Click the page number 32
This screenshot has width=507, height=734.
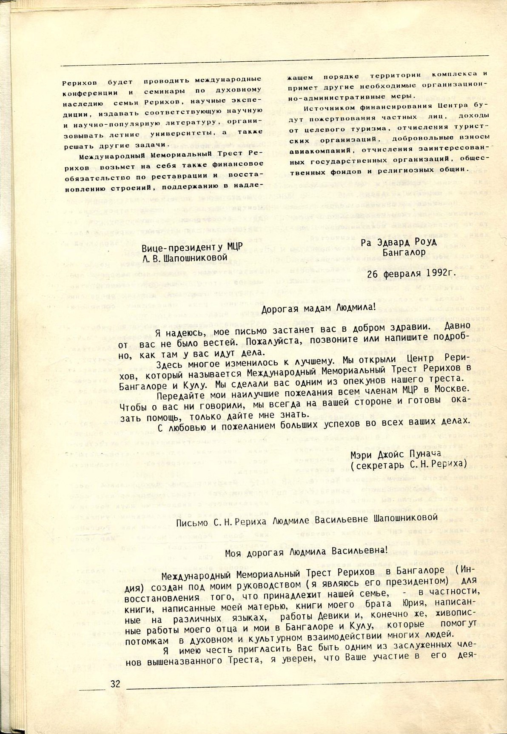(115, 685)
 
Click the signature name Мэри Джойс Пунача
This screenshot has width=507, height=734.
(395, 453)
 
